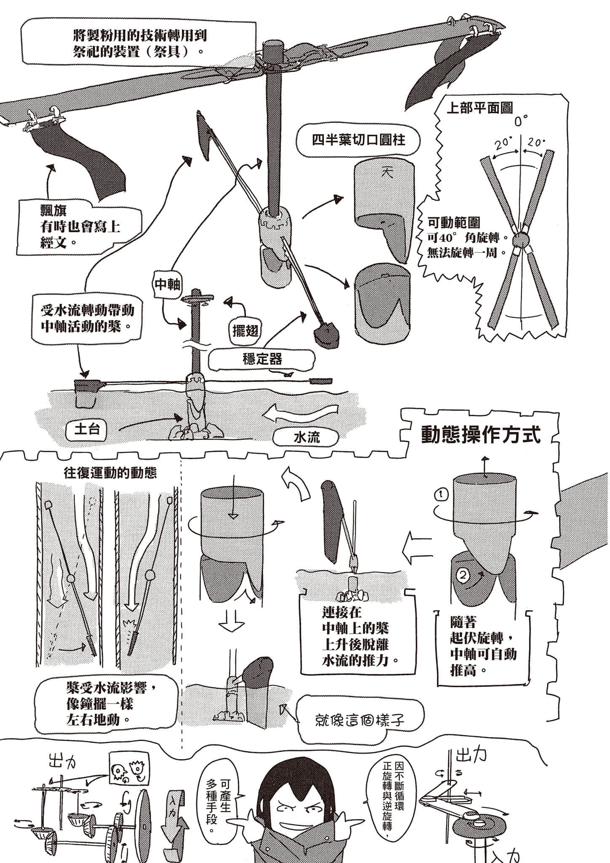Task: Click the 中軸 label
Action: click(x=167, y=285)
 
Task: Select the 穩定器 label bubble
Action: click(x=262, y=359)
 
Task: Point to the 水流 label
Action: click(x=306, y=437)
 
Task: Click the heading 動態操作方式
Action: click(x=481, y=435)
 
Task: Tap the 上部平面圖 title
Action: click(x=479, y=108)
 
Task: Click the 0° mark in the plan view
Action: click(x=521, y=122)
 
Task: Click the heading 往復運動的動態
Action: click(x=110, y=472)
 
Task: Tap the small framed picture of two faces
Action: click(x=127, y=770)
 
